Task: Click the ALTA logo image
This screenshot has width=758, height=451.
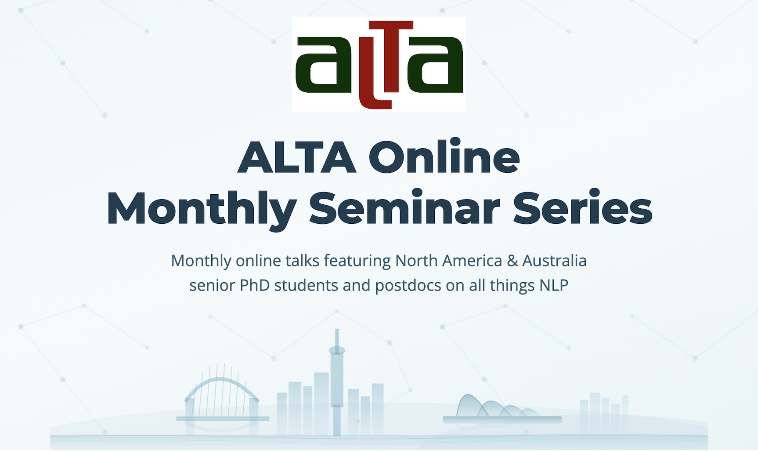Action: point(379,64)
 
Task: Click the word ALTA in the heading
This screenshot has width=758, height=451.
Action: point(296,157)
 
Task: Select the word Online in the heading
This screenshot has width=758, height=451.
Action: point(444,157)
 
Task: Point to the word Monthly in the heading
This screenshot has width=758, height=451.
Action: point(202,209)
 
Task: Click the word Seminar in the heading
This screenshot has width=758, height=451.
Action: point(404,208)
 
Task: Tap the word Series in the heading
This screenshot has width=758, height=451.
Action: point(582,208)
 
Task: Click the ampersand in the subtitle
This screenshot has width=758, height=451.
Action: point(512,261)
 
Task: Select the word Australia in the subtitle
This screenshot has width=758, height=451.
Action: point(554,261)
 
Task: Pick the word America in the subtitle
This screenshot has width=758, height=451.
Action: point(472,261)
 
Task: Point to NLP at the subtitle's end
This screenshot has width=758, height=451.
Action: point(554,286)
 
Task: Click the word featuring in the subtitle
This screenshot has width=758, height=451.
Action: point(357,261)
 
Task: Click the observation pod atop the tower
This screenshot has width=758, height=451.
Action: point(337,350)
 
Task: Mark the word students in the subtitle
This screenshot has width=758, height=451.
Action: point(306,286)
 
